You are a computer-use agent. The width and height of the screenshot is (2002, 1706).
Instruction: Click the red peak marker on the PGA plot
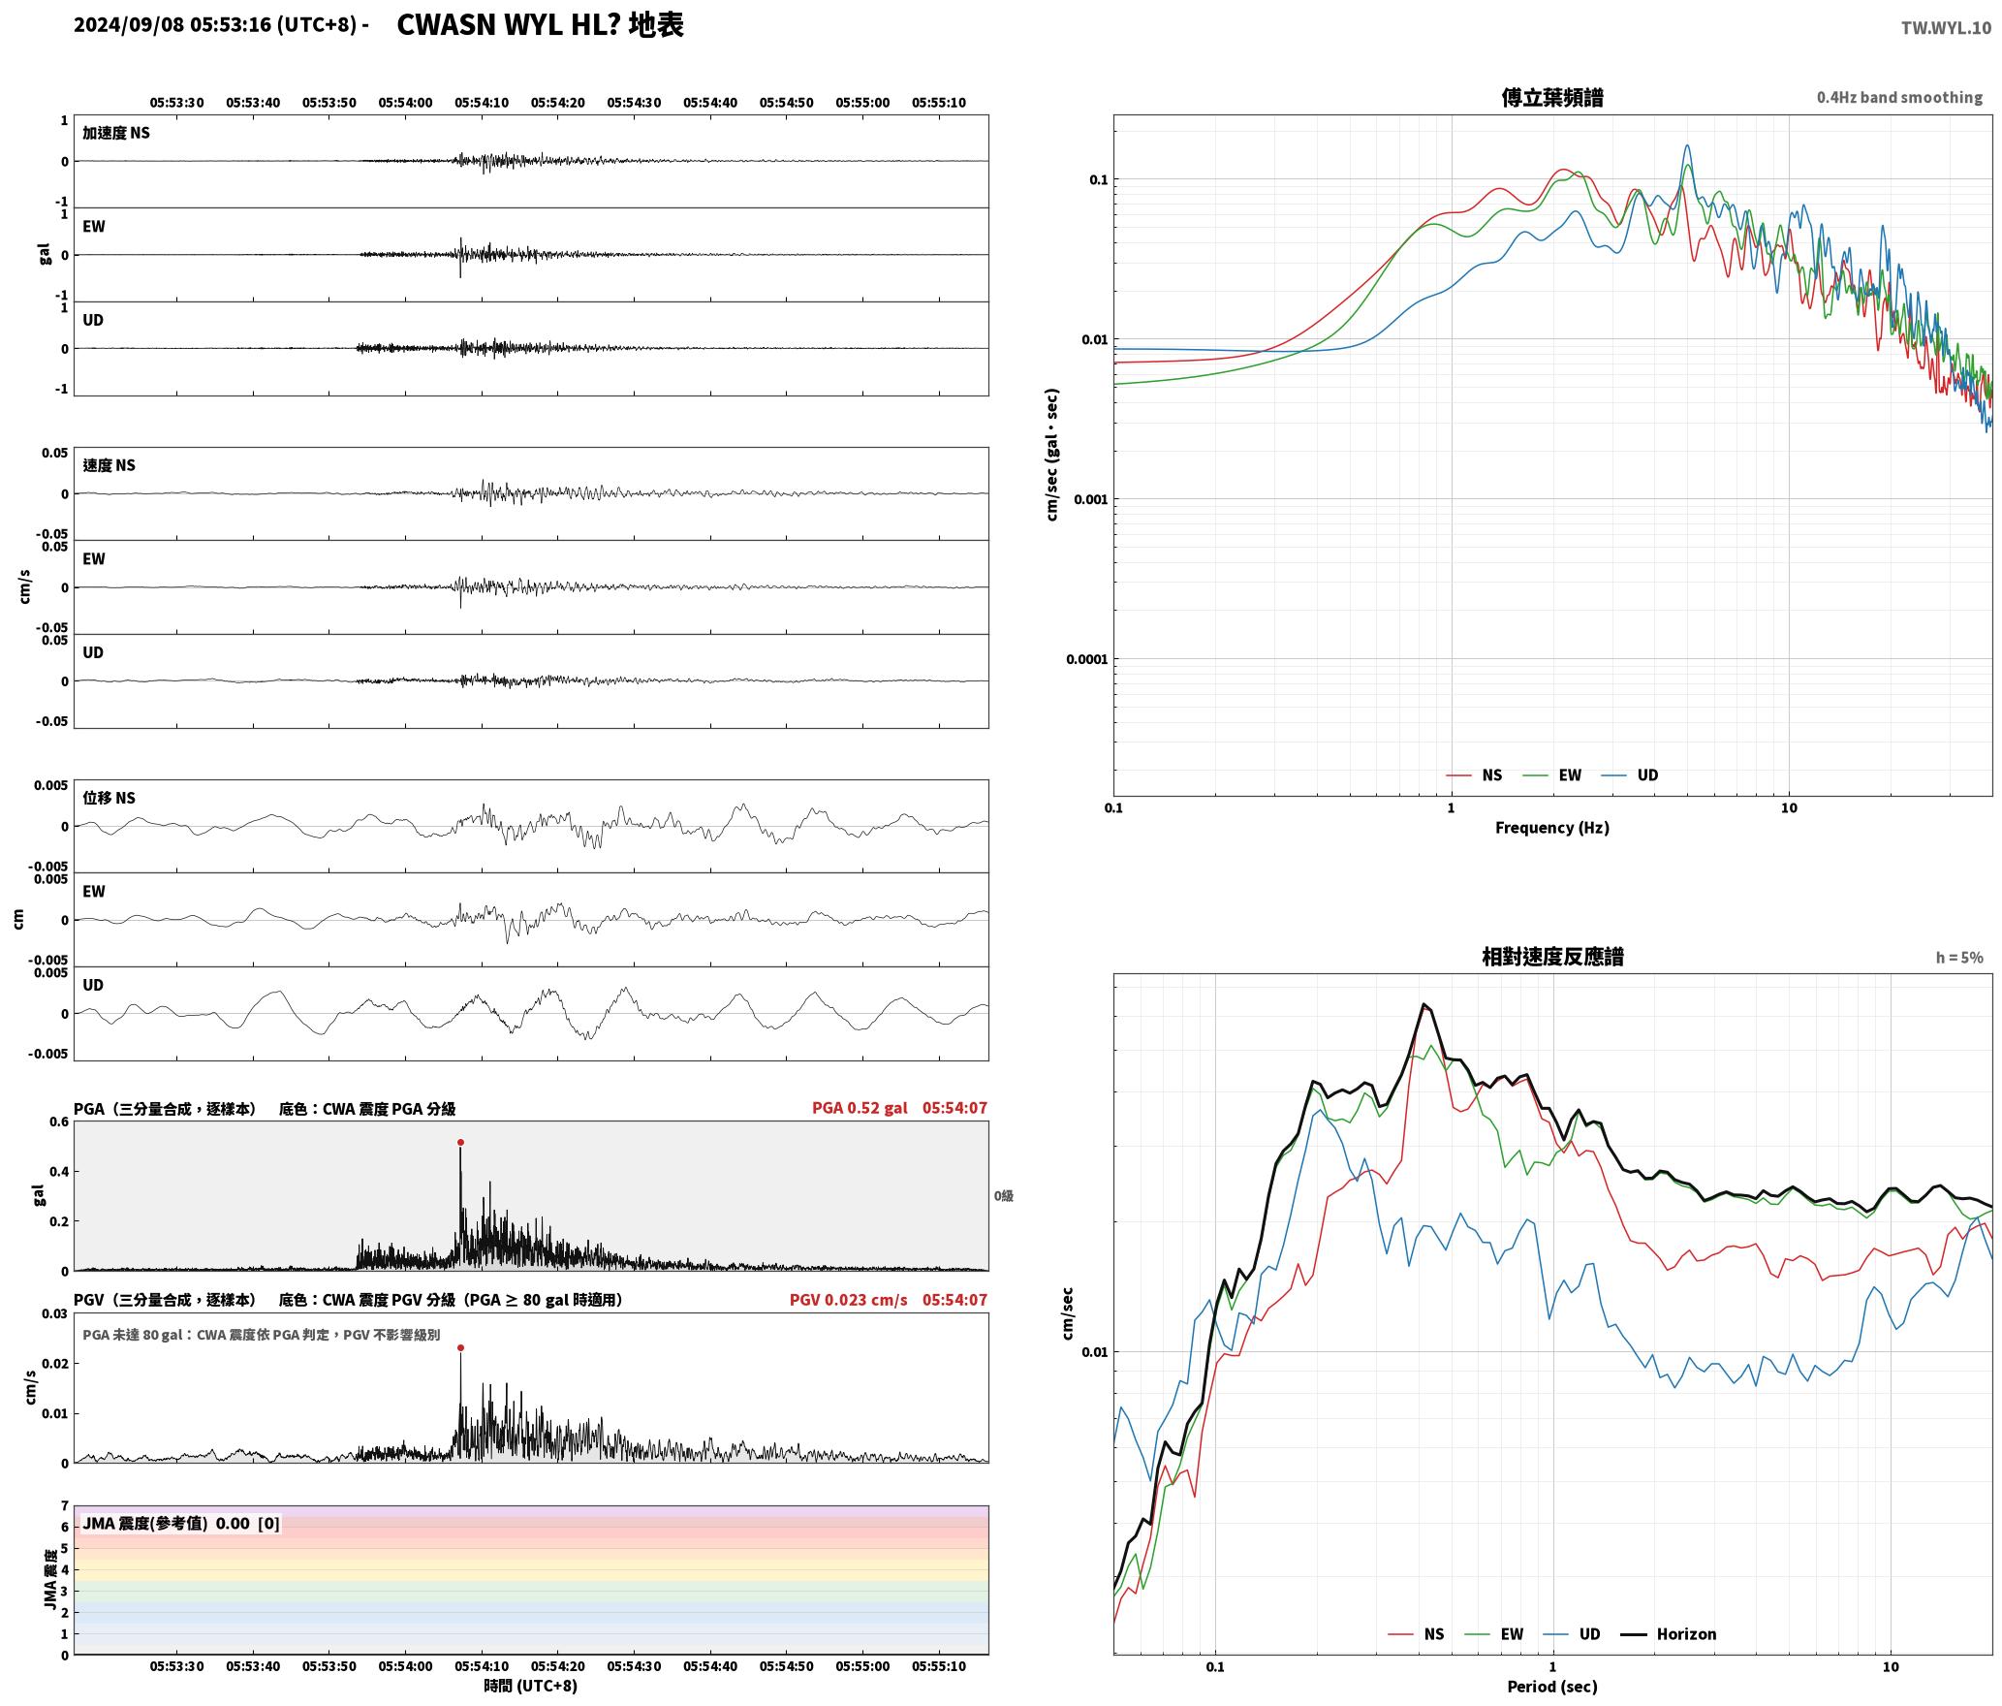tap(460, 1143)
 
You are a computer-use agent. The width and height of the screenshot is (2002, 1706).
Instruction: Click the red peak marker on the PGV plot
tap(460, 1347)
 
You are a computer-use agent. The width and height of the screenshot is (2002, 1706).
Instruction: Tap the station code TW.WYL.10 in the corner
tap(1946, 28)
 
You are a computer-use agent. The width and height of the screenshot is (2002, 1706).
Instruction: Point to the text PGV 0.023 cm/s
tap(849, 1300)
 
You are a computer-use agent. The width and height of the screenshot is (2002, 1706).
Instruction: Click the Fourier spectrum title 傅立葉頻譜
tap(1552, 98)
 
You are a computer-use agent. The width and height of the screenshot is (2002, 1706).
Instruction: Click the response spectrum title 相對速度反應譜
tap(1552, 957)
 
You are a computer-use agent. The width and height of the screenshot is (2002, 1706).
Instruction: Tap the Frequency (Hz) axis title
tap(1552, 828)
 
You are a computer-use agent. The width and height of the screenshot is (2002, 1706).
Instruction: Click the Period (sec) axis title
tap(1552, 1687)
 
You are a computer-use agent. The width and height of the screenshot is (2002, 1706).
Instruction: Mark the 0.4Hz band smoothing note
tap(1899, 98)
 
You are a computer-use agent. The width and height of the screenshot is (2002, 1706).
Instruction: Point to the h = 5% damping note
tap(1959, 958)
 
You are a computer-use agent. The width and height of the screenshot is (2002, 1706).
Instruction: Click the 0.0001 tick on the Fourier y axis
tap(1086, 660)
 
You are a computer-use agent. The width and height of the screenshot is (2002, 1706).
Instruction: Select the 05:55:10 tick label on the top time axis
tap(939, 103)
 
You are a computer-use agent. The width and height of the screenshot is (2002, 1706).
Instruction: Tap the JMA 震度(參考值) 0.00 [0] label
tap(181, 1524)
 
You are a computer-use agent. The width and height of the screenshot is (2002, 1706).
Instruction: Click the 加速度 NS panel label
tap(116, 133)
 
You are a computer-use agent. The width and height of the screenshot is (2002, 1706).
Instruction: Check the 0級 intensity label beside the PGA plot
tap(1003, 1196)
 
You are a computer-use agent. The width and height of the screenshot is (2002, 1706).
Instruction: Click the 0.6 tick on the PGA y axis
tap(59, 1122)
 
